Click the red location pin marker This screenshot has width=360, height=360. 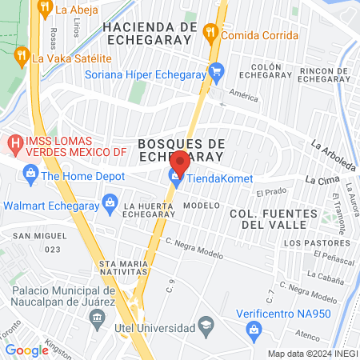point(179,162)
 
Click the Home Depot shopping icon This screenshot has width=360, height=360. point(30,172)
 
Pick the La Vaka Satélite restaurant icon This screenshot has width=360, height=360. point(20,55)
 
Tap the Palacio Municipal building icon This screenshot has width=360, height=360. point(98,318)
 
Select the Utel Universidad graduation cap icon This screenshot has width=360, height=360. point(206,326)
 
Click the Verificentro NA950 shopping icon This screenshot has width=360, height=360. point(254,328)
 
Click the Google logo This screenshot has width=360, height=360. point(26,350)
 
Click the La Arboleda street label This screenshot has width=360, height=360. point(333,157)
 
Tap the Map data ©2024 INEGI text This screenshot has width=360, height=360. point(311,354)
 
